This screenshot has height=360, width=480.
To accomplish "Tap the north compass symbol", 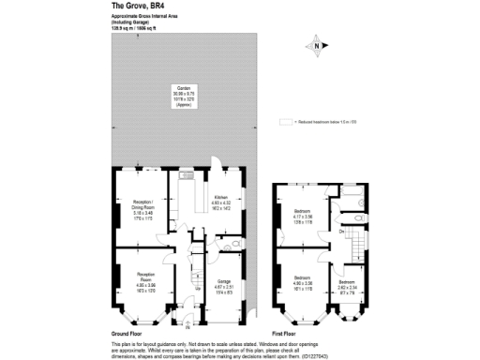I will point(318,46).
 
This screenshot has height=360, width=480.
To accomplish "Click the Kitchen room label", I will point(220,200).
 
